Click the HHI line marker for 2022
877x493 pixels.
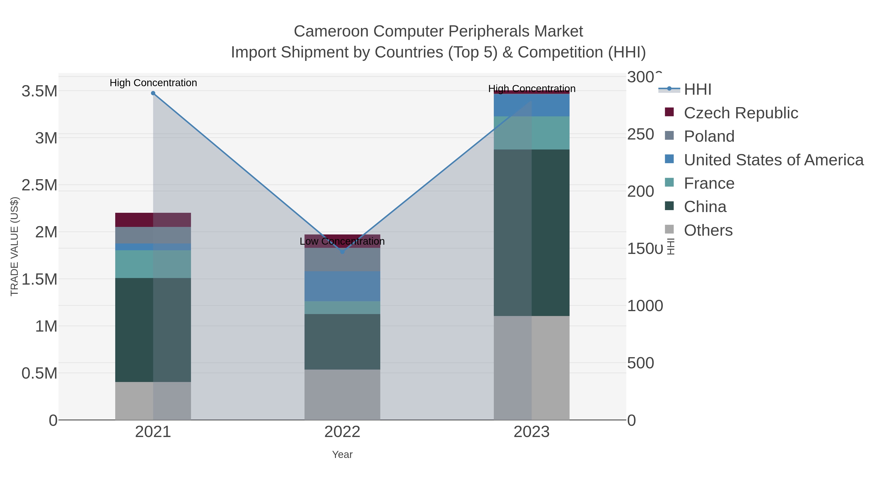343,252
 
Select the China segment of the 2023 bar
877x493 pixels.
532,233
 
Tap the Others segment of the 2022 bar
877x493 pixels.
342,394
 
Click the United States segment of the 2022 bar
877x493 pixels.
342,286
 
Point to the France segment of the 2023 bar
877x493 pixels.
532,133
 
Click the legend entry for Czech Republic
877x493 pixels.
741,113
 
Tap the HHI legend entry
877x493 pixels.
697,90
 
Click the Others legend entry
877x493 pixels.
708,230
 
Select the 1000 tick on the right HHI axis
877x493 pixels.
645,306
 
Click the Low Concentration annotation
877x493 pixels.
342,241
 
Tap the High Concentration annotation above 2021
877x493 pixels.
153,83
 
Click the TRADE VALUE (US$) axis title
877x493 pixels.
14,246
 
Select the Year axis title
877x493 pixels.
342,455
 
